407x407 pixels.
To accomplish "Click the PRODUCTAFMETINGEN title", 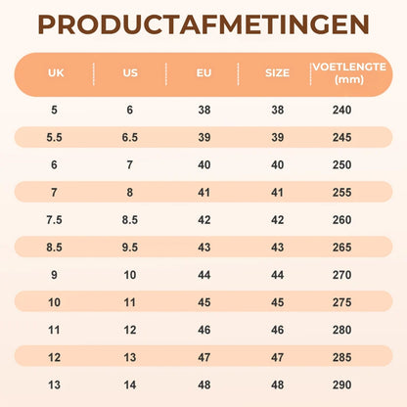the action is [203, 24].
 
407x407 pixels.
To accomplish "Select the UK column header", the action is [56, 72].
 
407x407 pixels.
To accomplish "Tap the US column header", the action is [130, 72].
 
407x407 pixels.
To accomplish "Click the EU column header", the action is [203, 72].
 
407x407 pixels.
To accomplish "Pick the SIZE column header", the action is [277, 72].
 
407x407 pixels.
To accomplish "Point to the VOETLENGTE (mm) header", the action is [349, 73].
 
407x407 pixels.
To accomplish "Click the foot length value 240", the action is [341, 110].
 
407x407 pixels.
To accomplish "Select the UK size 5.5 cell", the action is [54, 137].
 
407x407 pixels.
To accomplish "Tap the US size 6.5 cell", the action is [130, 137].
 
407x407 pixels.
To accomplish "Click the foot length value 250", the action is [341, 164].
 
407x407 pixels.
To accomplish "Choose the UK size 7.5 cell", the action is [54, 220].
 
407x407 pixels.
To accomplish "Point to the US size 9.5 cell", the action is [130, 248].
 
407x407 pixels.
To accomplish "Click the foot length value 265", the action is [341, 248].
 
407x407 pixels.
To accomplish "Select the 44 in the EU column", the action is [204, 275].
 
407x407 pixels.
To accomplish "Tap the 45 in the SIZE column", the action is [277, 302].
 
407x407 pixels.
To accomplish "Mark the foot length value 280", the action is [341, 330].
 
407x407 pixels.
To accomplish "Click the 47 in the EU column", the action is [204, 357].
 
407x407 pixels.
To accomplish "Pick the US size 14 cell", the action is [130, 384].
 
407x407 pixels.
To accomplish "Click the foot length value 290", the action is [341, 384].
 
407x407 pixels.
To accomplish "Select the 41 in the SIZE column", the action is [277, 193].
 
